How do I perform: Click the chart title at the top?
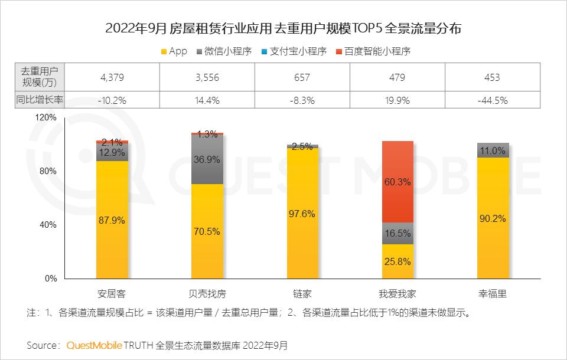click(x=283, y=28)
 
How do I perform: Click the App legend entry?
click(x=174, y=51)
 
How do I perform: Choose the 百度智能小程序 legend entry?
click(x=372, y=51)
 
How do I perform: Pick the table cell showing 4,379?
click(x=112, y=77)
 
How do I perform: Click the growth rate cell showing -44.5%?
click(x=491, y=100)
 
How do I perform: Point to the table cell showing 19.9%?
click(x=396, y=100)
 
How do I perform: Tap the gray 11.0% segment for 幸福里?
click(x=493, y=150)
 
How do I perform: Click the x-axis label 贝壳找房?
click(x=207, y=293)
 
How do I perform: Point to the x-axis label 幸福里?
click(x=492, y=293)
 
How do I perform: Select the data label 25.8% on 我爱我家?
click(x=397, y=261)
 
